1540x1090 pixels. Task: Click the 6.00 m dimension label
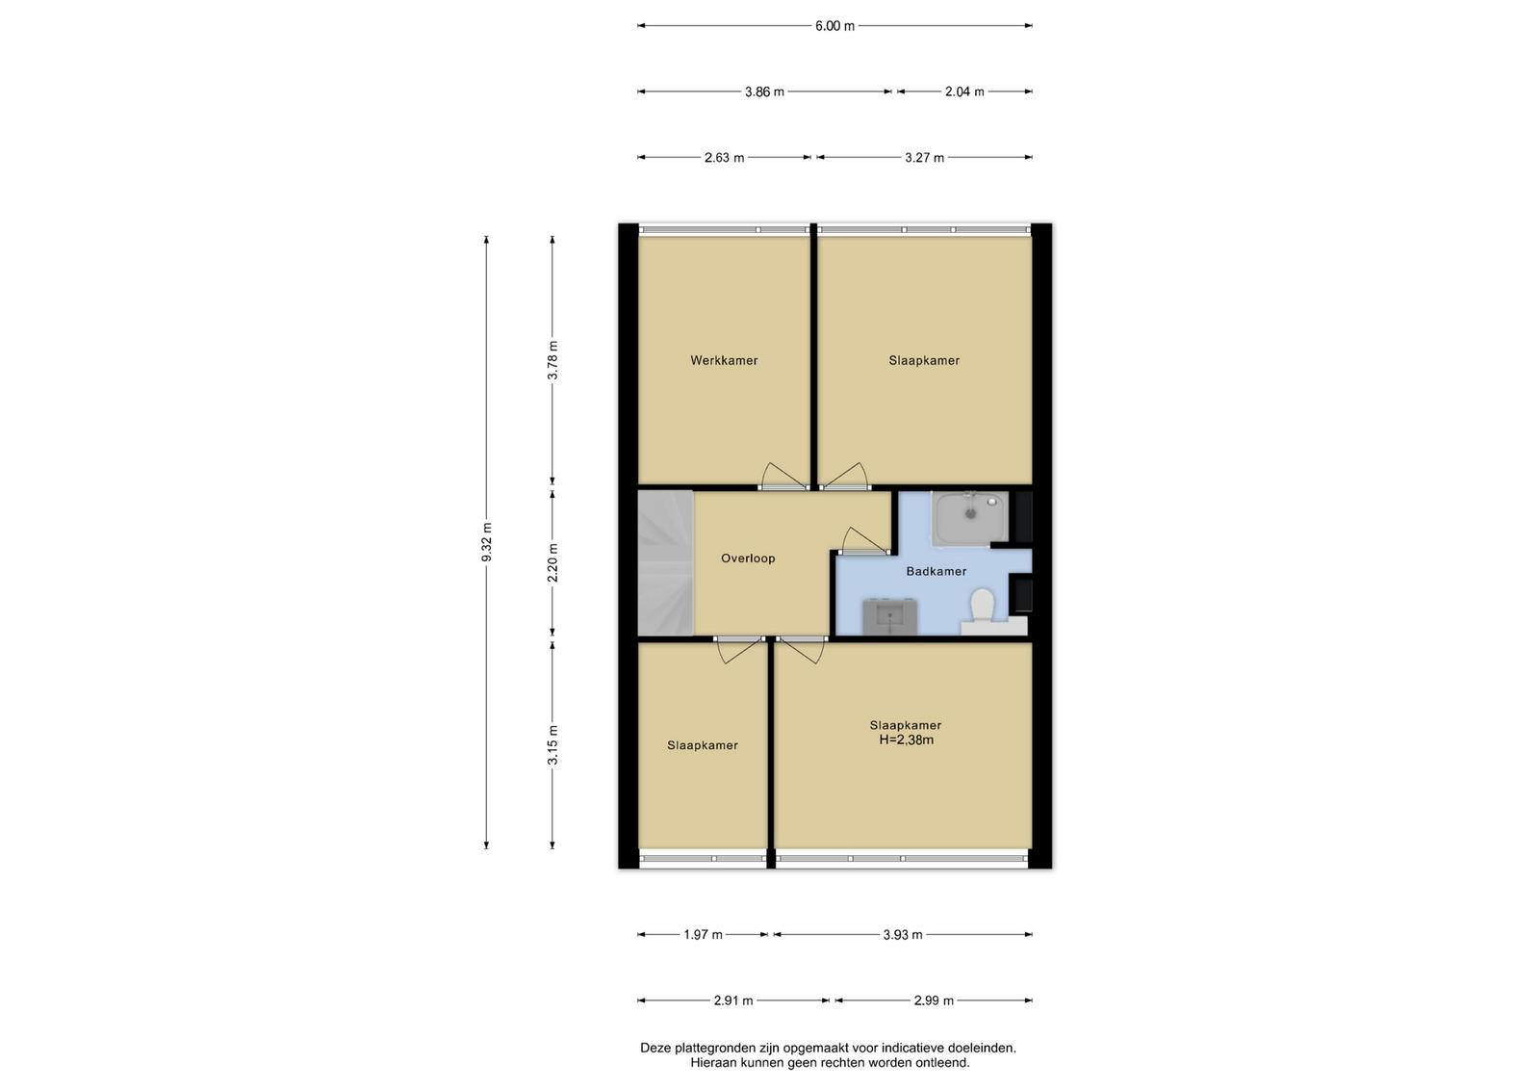834,26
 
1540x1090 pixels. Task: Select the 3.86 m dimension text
764,92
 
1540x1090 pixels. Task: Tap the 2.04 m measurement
963,92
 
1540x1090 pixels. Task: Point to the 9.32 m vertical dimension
487,542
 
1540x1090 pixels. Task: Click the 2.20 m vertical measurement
552,562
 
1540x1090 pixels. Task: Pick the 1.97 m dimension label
703,935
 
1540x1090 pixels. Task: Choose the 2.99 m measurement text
934,1000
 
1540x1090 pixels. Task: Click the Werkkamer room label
724,360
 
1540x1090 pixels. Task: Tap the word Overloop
748,558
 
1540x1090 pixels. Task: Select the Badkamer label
936,571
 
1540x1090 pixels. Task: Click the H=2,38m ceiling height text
906,740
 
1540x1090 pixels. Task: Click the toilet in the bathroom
982,605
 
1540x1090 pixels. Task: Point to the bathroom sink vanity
890,615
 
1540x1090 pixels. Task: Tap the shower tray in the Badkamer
970,519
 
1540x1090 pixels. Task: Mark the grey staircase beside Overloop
665,562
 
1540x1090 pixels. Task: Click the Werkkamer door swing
783,476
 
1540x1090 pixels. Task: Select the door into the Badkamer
864,540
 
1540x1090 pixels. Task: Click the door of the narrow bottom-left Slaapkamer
740,650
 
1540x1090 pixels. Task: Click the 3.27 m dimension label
924,158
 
